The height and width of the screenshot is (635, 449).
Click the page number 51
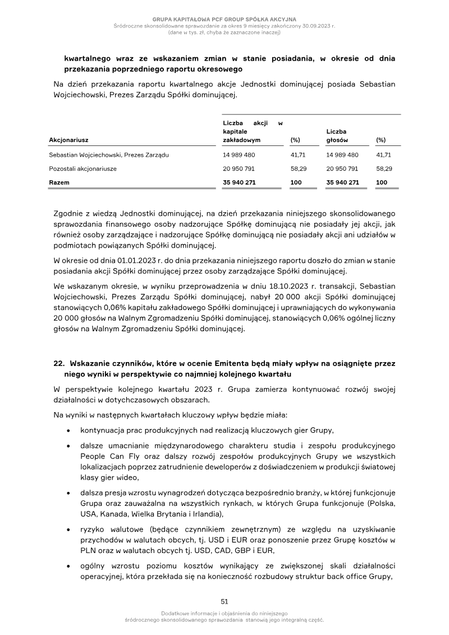pos(224,601)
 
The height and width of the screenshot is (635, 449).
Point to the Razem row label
pos(58,182)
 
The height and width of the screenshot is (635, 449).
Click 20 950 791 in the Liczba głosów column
pos(342,168)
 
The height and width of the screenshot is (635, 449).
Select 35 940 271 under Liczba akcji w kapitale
pos(240,182)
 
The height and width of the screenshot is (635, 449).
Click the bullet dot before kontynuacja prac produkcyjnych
pos(68,431)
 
